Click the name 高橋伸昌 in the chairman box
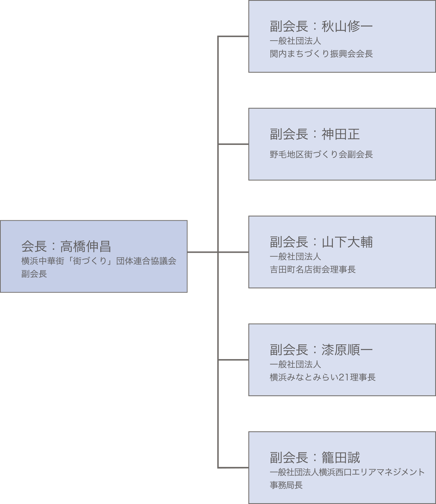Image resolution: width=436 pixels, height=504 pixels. pos(86,247)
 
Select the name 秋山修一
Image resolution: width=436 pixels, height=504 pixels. pos(347,26)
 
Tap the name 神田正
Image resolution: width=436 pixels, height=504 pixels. pos(340,134)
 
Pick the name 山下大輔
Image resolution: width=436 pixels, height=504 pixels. pos(347,242)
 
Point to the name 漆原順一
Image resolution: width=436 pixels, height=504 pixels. pos(347,350)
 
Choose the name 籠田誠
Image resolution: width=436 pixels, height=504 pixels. pos(340,458)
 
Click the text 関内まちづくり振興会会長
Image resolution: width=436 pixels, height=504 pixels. pos(321,54)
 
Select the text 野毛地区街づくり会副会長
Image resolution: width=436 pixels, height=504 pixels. pos(321,155)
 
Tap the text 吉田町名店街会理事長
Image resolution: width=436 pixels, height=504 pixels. pos(313,270)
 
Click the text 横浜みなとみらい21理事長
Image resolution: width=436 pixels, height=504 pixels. pos(322,377)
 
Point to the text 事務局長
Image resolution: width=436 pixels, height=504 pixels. pos(286,485)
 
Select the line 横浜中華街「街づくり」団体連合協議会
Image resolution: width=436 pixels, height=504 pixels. pos(99,261)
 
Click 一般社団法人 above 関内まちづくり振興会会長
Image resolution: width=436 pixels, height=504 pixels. pos(295,41)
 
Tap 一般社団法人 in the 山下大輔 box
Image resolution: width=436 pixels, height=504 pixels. pos(295,257)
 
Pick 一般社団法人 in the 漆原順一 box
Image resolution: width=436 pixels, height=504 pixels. pos(295,365)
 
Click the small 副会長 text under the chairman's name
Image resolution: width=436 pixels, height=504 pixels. pos(34,274)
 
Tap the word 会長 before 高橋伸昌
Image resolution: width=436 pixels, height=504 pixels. pos(34,247)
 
